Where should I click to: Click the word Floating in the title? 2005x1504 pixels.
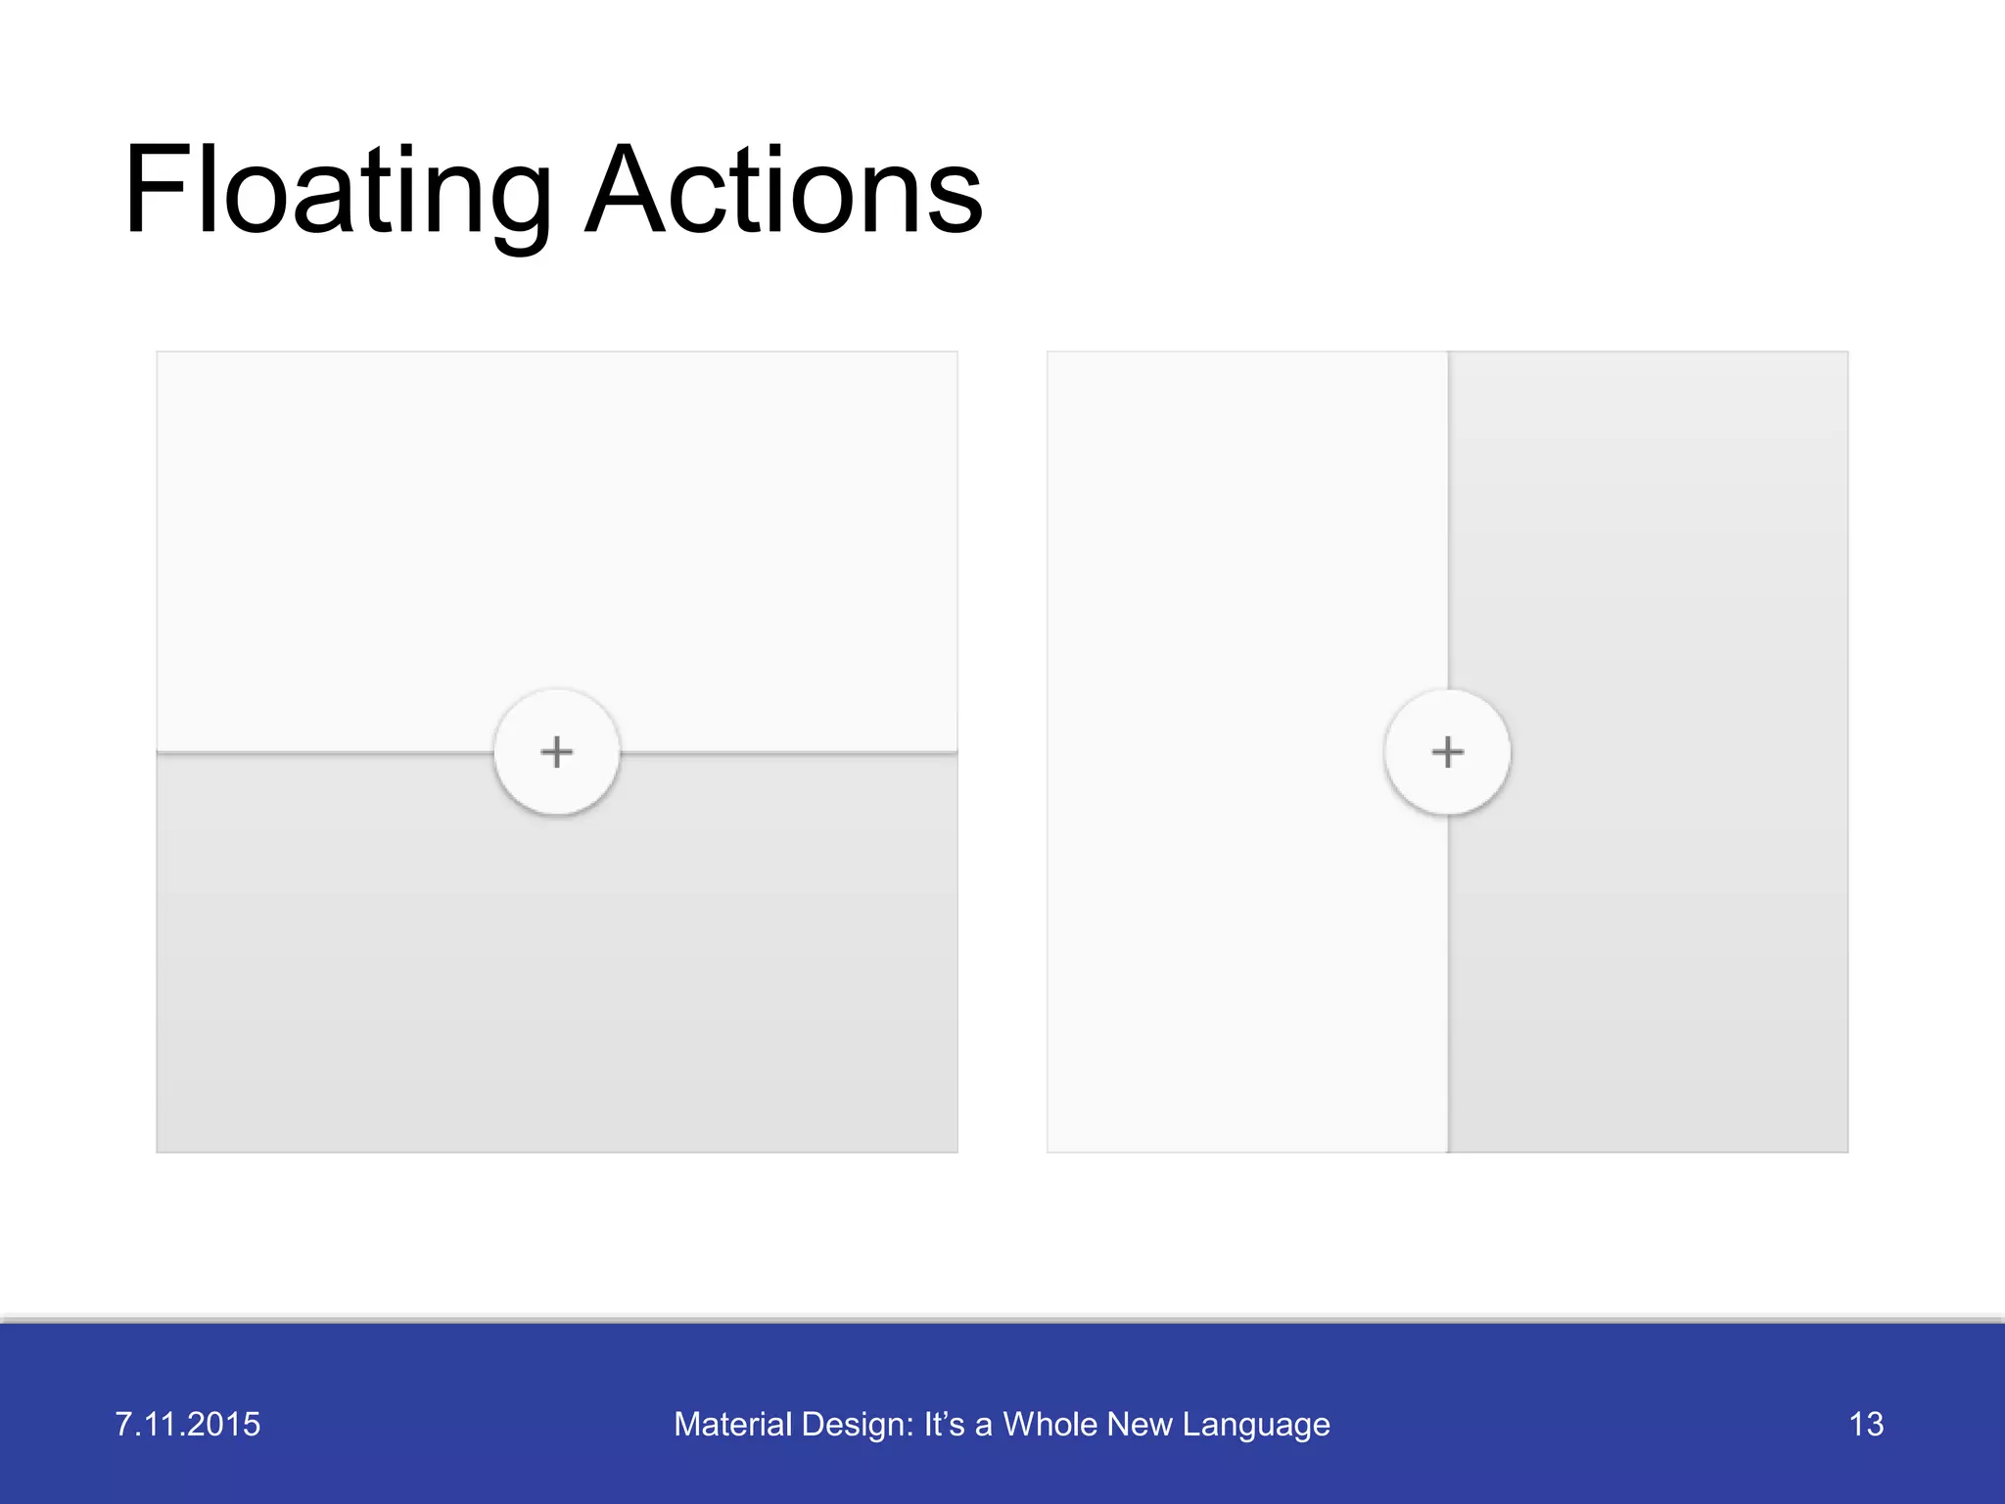338,191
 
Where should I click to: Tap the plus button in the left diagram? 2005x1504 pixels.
557,752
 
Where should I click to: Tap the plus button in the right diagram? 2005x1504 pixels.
1447,752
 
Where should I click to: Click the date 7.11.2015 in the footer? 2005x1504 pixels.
188,1424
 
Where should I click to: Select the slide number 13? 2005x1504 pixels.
1866,1424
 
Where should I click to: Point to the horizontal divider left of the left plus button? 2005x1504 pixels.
323,752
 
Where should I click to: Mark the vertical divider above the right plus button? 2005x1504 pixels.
1448,519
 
